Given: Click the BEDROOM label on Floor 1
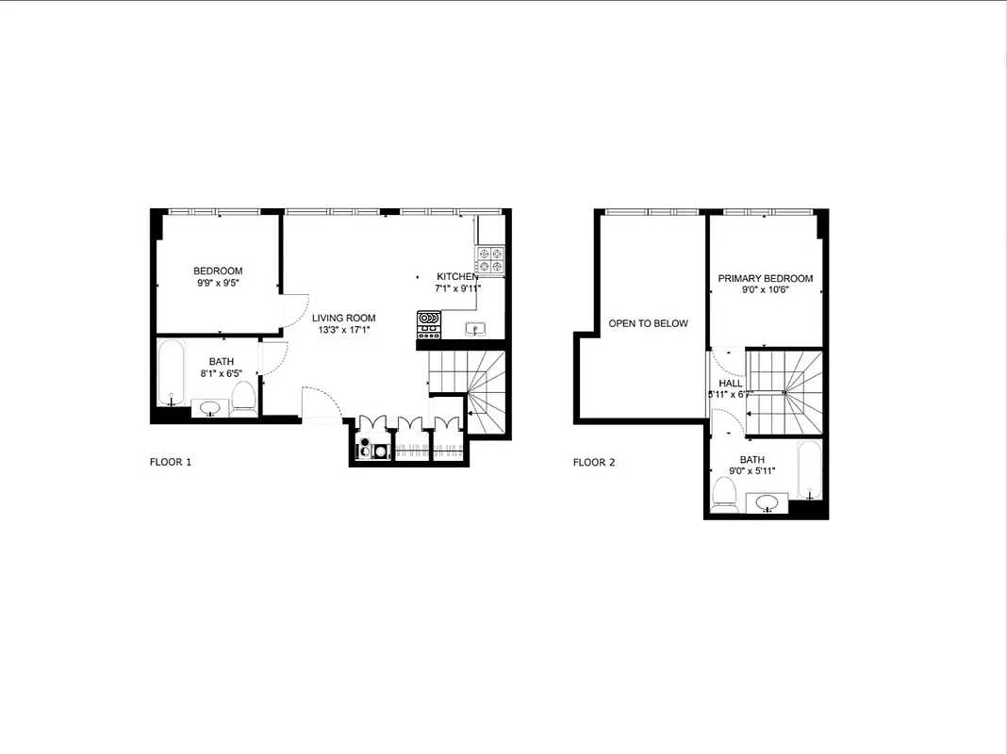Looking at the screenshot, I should (218, 271).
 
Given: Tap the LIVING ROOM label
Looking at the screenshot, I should (344, 319).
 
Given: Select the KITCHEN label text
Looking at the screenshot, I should (457, 277).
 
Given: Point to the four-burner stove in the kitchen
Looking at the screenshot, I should (490, 259).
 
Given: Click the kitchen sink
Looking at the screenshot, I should (475, 329).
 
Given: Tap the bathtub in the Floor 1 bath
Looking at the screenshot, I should (171, 375).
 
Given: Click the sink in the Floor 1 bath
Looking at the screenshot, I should (210, 408).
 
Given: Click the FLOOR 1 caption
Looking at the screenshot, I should (171, 462).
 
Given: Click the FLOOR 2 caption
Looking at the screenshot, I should (594, 463).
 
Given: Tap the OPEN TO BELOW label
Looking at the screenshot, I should (648, 323).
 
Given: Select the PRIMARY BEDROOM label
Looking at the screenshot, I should (765, 279).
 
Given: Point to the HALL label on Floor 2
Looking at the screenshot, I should (730, 384).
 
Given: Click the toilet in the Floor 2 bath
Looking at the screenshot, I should (725, 493).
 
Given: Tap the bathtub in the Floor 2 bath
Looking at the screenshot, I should (811, 470).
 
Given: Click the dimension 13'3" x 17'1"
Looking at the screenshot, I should (344, 331).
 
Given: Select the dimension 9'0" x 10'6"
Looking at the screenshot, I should (765, 290).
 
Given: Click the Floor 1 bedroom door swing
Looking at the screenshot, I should (294, 309).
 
